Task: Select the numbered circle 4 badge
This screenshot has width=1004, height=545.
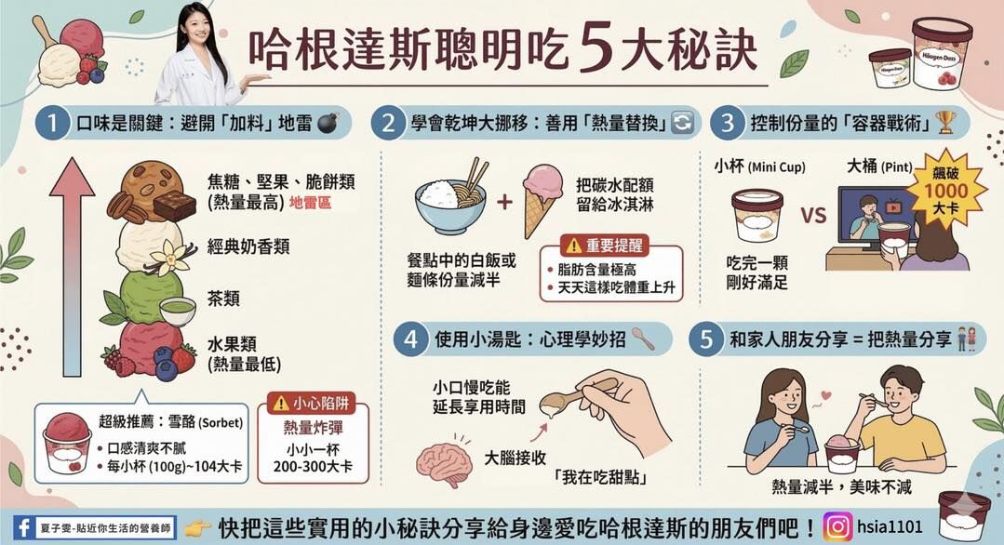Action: (410, 339)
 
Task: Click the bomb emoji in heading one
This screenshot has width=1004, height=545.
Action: (328, 123)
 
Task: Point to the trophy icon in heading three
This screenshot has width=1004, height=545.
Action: (945, 122)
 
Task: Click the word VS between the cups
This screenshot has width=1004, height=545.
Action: (813, 217)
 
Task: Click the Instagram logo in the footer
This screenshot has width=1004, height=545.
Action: (837, 527)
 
